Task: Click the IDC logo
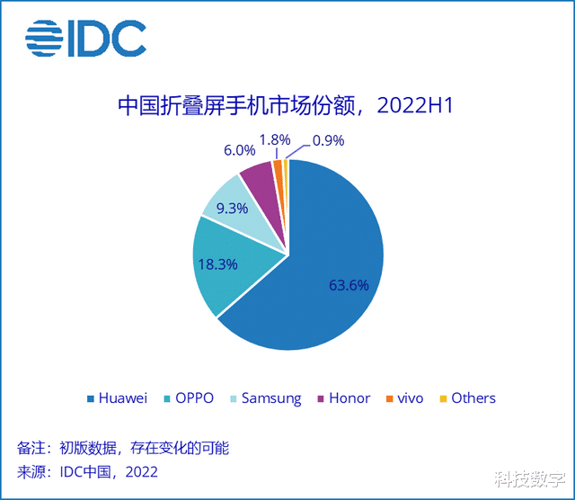[x=85, y=38]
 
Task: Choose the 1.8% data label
[x=275, y=139]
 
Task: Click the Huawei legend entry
[x=116, y=397]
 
